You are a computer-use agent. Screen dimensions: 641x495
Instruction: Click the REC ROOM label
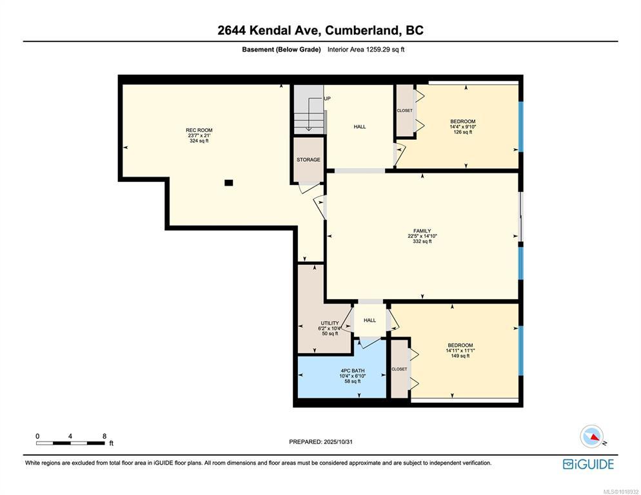(199, 130)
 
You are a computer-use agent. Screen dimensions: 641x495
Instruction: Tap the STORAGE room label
(308, 160)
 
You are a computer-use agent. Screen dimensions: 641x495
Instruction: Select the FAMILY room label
(422, 231)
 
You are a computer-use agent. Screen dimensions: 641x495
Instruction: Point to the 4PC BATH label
(352, 371)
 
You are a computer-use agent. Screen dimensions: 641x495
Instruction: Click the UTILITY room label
(330, 323)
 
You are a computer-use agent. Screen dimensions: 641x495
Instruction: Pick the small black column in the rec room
(228, 182)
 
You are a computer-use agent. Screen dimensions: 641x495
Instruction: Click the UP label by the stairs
(327, 99)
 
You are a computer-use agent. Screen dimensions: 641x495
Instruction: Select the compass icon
(592, 436)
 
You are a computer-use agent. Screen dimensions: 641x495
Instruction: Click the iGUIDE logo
(588, 464)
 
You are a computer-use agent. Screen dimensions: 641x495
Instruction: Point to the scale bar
(70, 443)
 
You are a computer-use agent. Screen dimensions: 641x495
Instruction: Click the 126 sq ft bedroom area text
(463, 132)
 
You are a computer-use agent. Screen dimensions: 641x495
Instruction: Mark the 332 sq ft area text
(422, 241)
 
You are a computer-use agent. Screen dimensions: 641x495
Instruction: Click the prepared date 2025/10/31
(338, 442)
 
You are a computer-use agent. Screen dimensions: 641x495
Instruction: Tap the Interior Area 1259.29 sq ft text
(366, 50)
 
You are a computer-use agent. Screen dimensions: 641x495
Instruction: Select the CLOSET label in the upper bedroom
(405, 110)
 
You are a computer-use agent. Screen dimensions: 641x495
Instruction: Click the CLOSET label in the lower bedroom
(399, 369)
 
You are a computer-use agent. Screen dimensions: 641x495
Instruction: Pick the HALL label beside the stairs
(360, 127)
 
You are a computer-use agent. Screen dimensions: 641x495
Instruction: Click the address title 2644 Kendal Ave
(270, 30)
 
